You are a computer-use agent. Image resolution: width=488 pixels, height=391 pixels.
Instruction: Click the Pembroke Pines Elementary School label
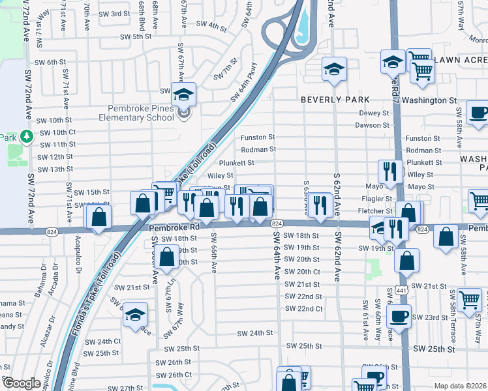click(x=134, y=113)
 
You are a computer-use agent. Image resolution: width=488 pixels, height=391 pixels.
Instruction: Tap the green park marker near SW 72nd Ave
click(x=26, y=137)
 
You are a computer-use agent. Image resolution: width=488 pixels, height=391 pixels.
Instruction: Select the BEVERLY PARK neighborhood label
click(x=335, y=100)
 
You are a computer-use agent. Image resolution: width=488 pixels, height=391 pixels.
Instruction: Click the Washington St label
click(x=429, y=100)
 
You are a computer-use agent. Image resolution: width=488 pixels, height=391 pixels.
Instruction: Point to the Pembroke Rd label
click(x=174, y=228)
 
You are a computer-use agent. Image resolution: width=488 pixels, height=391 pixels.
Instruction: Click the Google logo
click(x=21, y=383)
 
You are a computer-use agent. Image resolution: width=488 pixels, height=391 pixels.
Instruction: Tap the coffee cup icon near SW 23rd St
click(x=399, y=316)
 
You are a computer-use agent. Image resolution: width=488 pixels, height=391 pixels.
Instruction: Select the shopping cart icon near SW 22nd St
click(x=469, y=299)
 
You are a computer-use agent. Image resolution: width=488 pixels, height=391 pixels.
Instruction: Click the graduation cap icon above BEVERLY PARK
click(x=334, y=68)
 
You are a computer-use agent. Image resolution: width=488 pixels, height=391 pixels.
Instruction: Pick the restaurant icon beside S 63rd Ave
click(x=320, y=205)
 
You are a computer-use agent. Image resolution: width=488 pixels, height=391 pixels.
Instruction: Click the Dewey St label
click(x=374, y=113)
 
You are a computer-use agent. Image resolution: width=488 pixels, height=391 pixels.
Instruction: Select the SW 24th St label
click(x=254, y=333)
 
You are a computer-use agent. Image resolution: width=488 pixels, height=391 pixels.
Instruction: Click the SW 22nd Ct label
click(x=304, y=308)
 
